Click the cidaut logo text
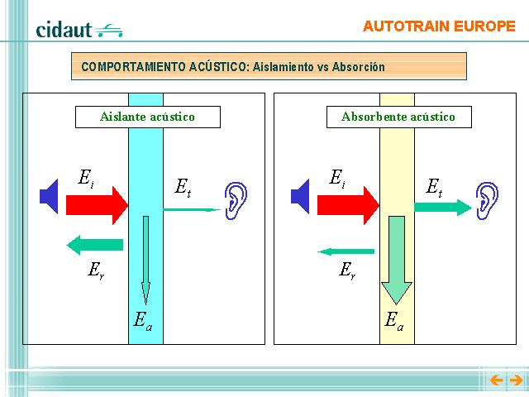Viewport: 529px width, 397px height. click(x=64, y=30)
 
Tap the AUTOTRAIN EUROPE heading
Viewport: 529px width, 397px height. click(x=439, y=26)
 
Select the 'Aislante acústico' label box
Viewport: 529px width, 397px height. click(x=148, y=117)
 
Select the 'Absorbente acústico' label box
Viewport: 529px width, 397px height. click(x=398, y=117)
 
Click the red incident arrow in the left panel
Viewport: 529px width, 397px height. click(x=98, y=205)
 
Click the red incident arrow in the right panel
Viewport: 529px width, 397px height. click(x=349, y=205)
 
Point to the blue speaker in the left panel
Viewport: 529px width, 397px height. click(x=49, y=197)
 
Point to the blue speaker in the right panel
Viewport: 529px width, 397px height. click(x=300, y=197)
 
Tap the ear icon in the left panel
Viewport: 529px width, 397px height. click(x=236, y=201)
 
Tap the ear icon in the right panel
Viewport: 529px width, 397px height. click(x=487, y=201)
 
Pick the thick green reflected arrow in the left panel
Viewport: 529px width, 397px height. click(x=95, y=245)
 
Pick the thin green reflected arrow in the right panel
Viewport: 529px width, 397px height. click(x=346, y=251)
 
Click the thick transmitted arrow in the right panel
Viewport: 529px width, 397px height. click(x=443, y=208)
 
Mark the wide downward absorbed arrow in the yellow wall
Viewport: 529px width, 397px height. click(x=397, y=261)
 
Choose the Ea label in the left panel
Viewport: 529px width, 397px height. click(x=143, y=321)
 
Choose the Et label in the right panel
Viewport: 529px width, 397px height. click(x=434, y=188)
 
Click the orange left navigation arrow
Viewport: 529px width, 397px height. click(x=496, y=380)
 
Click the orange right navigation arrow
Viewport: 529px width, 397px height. click(x=516, y=380)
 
